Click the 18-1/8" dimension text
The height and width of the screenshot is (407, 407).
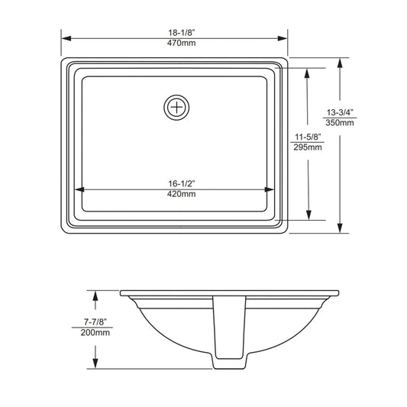point(182,33)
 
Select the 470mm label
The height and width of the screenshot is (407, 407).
point(182,43)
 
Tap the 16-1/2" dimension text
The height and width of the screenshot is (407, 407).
point(182,183)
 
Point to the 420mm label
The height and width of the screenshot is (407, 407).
point(182,194)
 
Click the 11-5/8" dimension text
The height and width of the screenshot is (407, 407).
point(308,137)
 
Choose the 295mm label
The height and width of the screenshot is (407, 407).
point(308,147)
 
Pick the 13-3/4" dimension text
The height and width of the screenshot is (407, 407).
point(340,112)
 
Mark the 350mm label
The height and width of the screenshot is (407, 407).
point(340,122)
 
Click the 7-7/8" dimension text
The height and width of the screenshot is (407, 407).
point(95,322)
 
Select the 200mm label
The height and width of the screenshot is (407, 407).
point(95,332)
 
